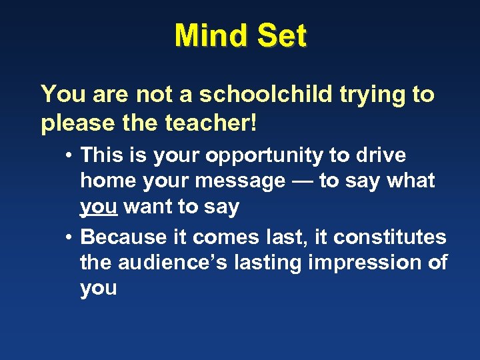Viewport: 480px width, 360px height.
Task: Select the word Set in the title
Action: [281, 35]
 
